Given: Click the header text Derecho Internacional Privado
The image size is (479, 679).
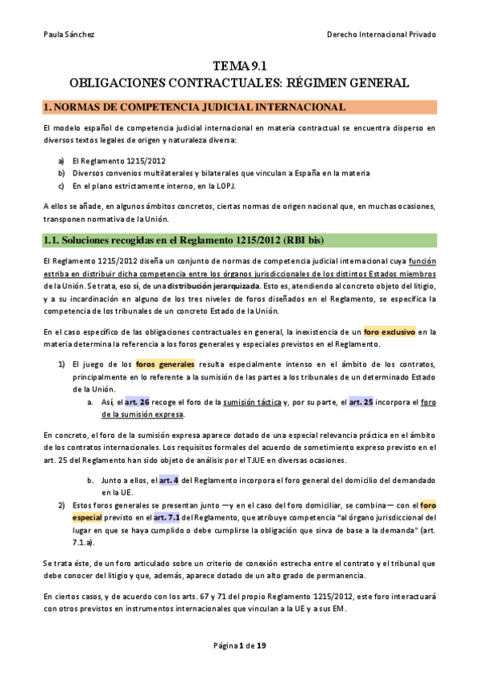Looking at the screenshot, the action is click(x=381, y=35).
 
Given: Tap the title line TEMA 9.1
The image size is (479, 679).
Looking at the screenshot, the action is click(x=239, y=66).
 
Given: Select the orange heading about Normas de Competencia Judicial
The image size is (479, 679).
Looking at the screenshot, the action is click(x=194, y=107).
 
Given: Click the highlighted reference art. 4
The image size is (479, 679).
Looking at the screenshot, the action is click(x=169, y=480).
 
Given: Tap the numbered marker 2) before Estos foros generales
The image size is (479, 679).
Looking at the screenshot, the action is click(x=61, y=506).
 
